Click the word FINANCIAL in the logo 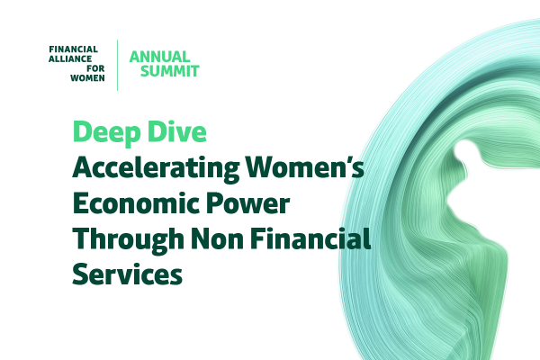(74, 49)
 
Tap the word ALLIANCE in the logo (70, 58)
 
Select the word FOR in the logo (95, 68)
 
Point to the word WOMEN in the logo (87, 78)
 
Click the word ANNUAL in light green (159, 57)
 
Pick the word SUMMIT (169, 71)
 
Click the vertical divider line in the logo (117, 66)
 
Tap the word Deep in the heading (107, 132)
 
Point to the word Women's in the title (305, 166)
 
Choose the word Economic (137, 202)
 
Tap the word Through (129, 239)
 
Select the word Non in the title (218, 238)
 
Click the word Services (128, 274)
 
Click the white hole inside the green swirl (465, 150)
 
